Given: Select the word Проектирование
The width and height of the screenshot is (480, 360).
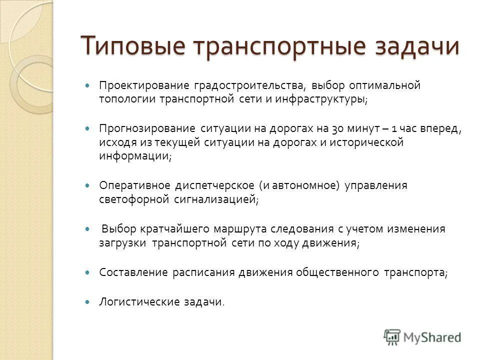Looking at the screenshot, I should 141,85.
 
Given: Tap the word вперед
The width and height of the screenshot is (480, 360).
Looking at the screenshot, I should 440,128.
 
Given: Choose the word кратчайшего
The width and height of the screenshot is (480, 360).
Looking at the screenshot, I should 177,229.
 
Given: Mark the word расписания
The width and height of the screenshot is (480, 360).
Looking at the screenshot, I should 204,272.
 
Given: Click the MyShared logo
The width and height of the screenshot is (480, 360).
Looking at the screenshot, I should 422,336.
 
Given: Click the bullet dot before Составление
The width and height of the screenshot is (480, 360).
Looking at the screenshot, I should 88,272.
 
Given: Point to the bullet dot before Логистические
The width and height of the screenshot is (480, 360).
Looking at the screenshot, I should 88,302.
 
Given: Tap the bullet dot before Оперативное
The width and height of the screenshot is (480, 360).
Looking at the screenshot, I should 88,185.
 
